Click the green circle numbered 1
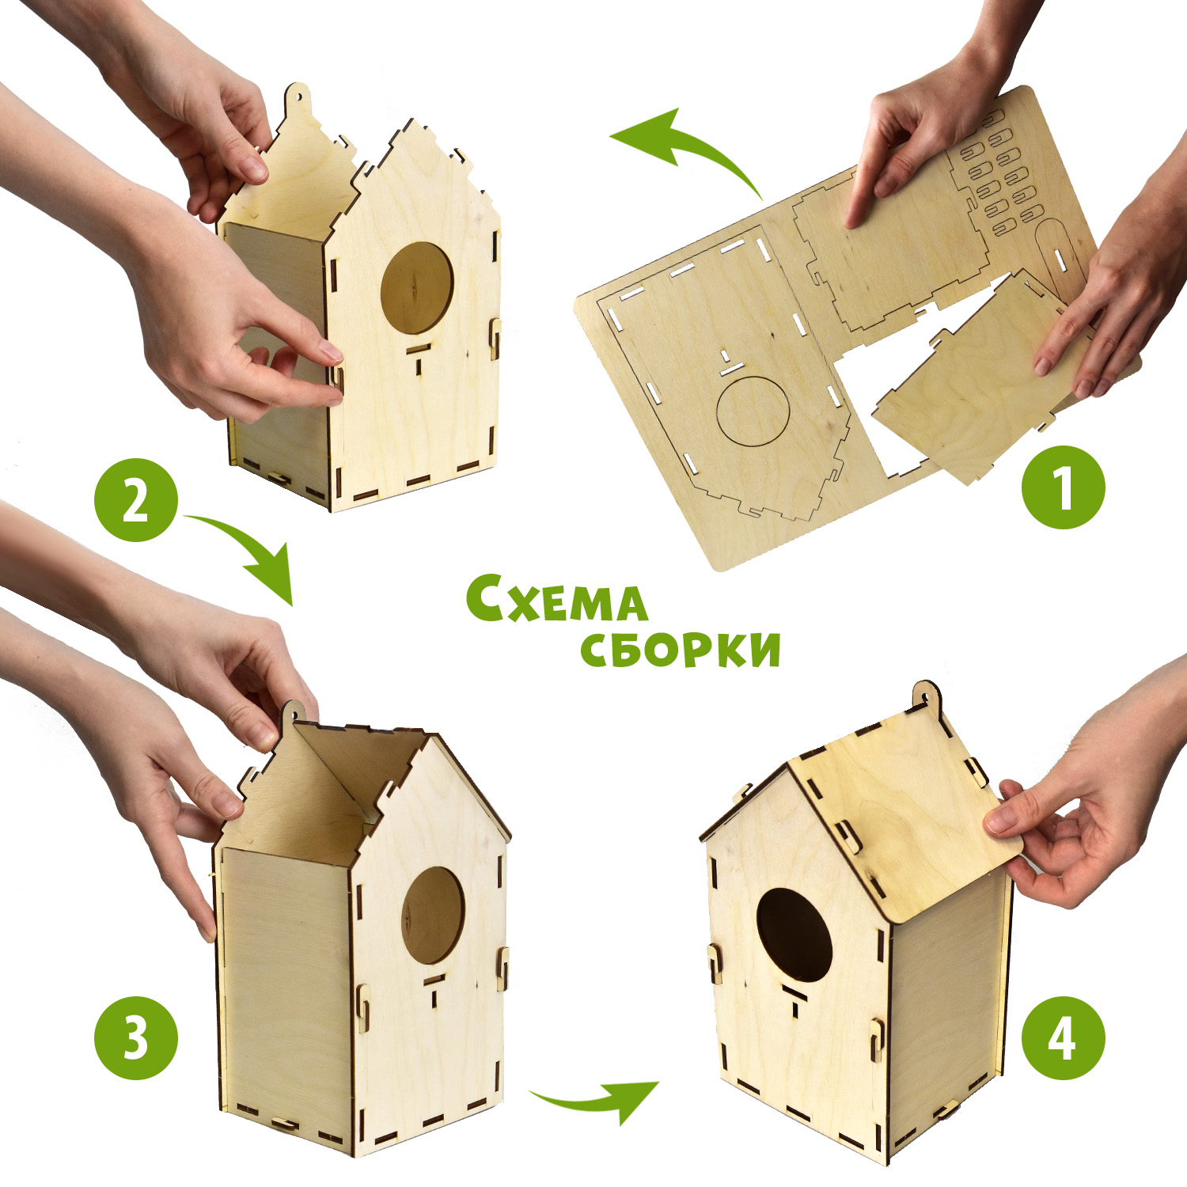[x=1063, y=487]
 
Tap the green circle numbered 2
[x=136, y=500]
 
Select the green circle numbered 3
[x=136, y=1037]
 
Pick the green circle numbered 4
[x=1063, y=1037]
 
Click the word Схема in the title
[x=556, y=599]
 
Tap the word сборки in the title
[x=681, y=649]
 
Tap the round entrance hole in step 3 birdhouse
[x=433, y=915]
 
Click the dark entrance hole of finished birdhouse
[x=794, y=935]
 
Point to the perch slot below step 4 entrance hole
[x=794, y=999]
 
